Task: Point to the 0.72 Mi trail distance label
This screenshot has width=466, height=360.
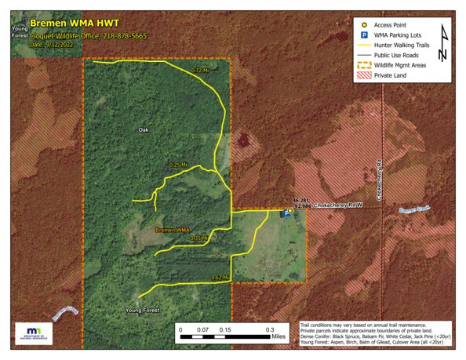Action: click(200, 71)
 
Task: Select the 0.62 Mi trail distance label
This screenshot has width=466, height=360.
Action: click(220, 278)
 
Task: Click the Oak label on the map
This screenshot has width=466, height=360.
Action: click(143, 129)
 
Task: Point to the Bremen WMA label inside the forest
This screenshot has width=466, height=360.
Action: click(173, 230)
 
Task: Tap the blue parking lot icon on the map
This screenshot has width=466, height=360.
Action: click(285, 213)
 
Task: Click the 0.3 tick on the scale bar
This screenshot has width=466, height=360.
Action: click(269, 330)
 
